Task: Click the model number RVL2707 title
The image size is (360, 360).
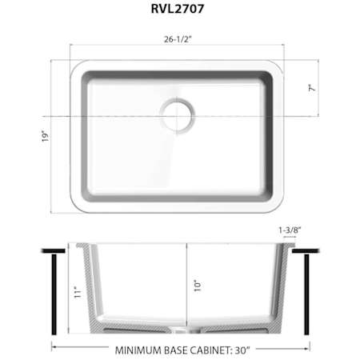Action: (x=178, y=9)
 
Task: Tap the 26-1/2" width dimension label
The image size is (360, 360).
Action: (x=178, y=39)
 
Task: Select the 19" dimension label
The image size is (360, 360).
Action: (x=46, y=136)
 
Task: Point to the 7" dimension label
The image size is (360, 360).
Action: (x=312, y=88)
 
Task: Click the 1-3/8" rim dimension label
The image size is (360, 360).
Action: (x=290, y=230)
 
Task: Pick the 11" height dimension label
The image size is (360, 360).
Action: (x=77, y=292)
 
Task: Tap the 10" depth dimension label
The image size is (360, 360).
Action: (x=198, y=286)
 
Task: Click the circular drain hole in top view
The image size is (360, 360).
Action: (x=177, y=115)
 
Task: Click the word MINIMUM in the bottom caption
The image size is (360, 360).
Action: (x=138, y=350)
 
